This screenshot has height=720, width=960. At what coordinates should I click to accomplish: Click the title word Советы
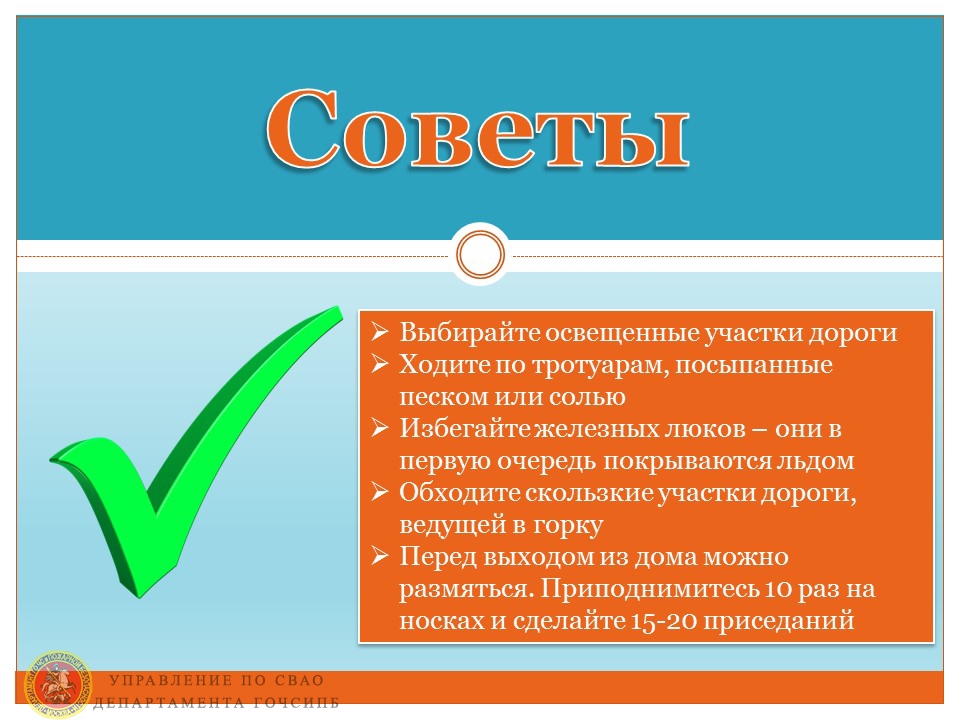pyautogui.click(x=478, y=129)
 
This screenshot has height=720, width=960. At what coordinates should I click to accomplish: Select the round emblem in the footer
pyautogui.click(x=57, y=684)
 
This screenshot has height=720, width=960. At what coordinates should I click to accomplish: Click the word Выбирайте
pyautogui.click(x=470, y=332)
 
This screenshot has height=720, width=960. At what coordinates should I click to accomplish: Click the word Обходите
pyautogui.click(x=460, y=492)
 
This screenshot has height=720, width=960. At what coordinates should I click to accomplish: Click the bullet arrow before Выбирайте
pyautogui.click(x=380, y=331)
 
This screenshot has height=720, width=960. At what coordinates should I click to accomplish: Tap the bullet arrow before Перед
pyautogui.click(x=380, y=555)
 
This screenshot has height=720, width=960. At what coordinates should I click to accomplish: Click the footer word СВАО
pyautogui.click(x=299, y=680)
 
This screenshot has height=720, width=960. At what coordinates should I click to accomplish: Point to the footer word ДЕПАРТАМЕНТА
pyautogui.click(x=168, y=703)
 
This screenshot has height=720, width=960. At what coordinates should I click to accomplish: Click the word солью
pyautogui.click(x=587, y=397)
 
